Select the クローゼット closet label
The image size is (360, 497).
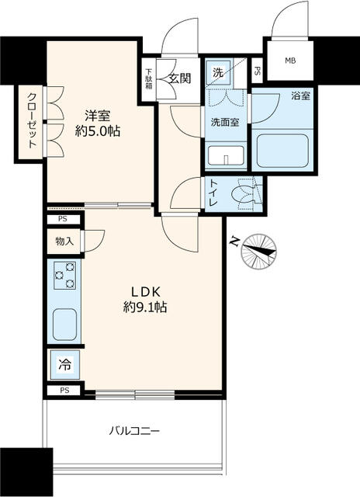[x=32, y=124]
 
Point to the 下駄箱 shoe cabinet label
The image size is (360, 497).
[x=148, y=80]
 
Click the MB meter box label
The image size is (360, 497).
[x=290, y=61]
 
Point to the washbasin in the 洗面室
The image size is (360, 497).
[x=226, y=155]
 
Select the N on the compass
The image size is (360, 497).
[x=234, y=242]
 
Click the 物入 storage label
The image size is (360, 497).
[x=64, y=242]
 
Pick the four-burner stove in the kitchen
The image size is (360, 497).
[x=65, y=276]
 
